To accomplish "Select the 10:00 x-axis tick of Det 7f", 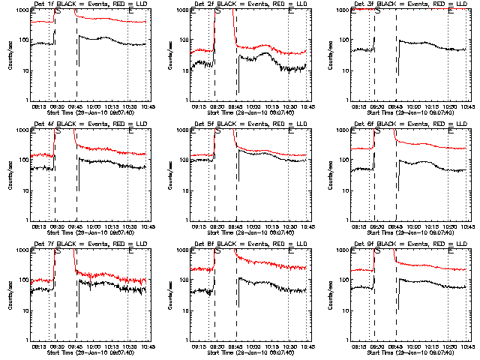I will click(x=94, y=346).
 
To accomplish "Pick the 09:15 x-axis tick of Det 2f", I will click(x=199, y=106).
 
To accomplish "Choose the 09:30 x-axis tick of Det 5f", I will click(x=217, y=226).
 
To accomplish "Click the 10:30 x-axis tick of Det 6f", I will click(x=448, y=226).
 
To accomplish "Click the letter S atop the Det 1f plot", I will click(x=58, y=10).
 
